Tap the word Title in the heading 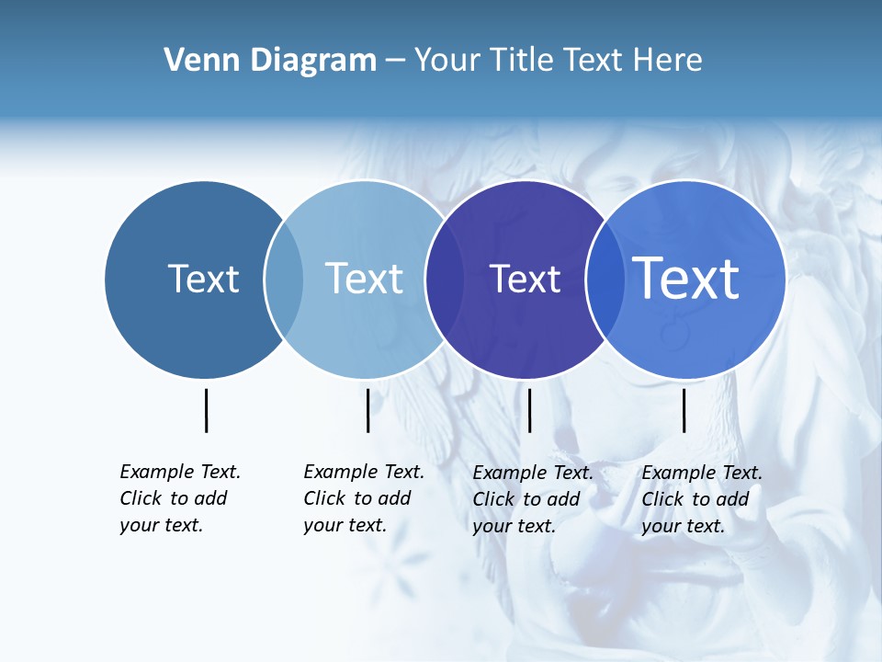pyautogui.click(x=522, y=60)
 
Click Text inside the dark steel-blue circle pyautogui.click(x=203, y=279)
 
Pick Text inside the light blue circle pyautogui.click(x=364, y=279)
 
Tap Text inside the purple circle pyautogui.click(x=525, y=279)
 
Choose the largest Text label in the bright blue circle pyautogui.click(x=686, y=279)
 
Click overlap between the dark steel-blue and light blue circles pyautogui.click(x=284, y=280)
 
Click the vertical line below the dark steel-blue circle pyautogui.click(x=206, y=410)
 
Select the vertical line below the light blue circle pyautogui.click(x=367, y=410)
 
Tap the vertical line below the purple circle pyautogui.click(x=529, y=410)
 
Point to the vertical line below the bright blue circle pyautogui.click(x=684, y=410)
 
